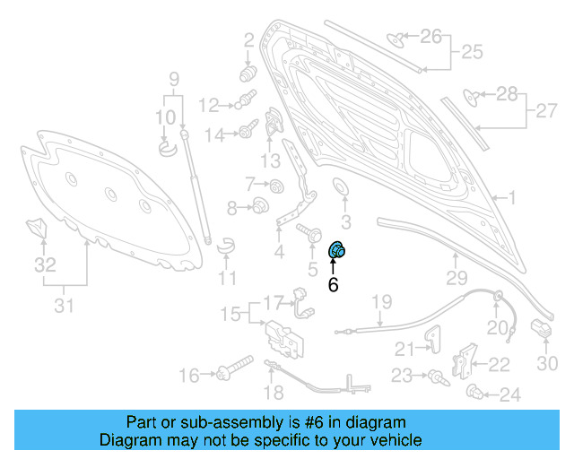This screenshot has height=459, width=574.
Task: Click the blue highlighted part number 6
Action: tap(339, 251)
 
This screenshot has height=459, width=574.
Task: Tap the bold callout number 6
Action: tap(333, 286)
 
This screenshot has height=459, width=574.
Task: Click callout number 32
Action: tap(45, 265)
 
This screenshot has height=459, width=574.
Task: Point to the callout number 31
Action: tap(63, 306)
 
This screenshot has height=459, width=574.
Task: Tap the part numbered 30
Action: tap(541, 331)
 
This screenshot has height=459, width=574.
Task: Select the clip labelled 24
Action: tap(475, 392)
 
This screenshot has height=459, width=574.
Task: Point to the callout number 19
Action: tap(383, 301)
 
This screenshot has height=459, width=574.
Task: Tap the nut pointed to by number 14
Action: tap(244, 134)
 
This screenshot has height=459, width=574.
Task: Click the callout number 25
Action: tap(471, 52)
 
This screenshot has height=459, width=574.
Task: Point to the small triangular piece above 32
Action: tap(37, 228)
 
